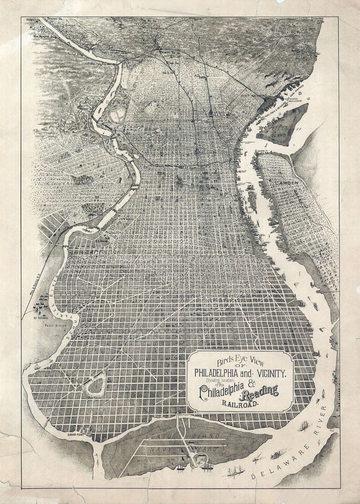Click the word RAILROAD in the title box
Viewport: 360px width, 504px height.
pos(241,401)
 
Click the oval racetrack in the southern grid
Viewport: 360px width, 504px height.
pos(96,385)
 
